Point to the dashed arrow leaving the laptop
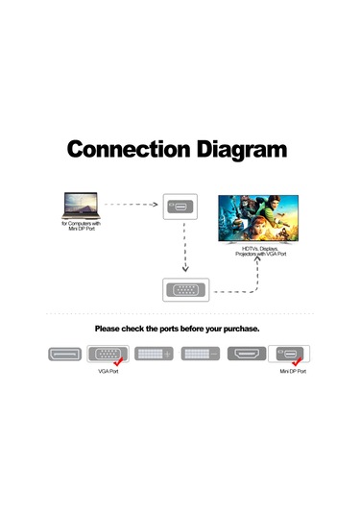(132, 205)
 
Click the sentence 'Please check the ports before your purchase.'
(178, 329)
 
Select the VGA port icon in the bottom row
(109, 354)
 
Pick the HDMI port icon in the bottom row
(246, 354)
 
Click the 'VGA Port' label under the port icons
(108, 371)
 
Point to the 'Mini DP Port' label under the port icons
(292, 371)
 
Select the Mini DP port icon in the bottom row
(290, 354)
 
